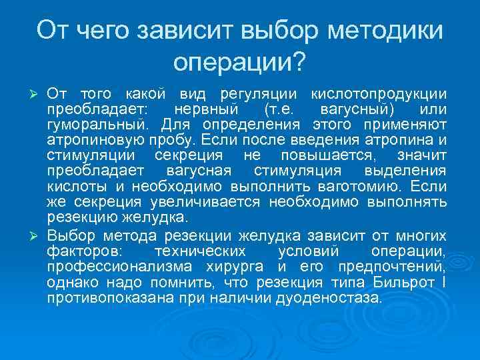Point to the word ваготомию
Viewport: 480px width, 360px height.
click(361, 186)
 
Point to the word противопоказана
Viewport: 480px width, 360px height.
click(109, 298)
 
